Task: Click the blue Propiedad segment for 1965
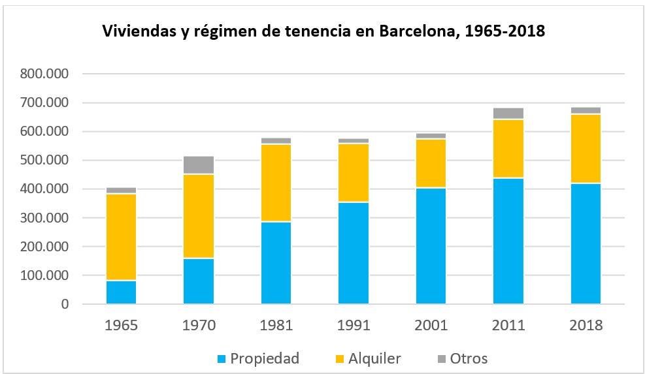click(x=121, y=292)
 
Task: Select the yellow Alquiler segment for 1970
click(x=199, y=216)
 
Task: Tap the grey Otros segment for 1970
click(x=199, y=164)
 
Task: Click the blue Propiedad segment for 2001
click(x=431, y=246)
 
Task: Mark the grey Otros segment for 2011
click(x=508, y=114)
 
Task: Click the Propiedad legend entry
click(x=258, y=358)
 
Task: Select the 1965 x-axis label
click(x=121, y=325)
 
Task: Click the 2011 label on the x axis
click(x=508, y=325)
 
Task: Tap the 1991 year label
click(x=354, y=325)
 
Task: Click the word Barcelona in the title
click(x=413, y=31)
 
